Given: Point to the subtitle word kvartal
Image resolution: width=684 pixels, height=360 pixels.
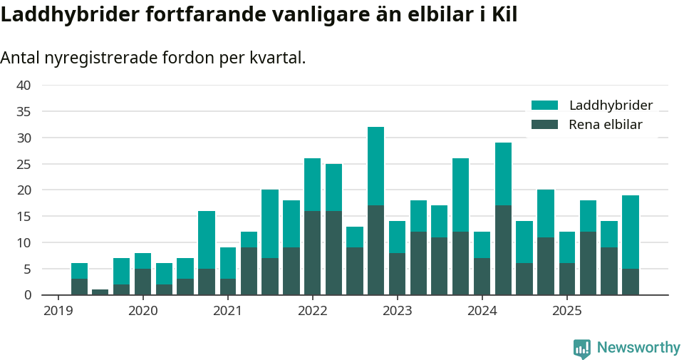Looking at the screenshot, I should tap(277, 58).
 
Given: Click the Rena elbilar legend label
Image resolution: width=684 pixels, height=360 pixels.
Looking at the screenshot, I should tap(605, 125).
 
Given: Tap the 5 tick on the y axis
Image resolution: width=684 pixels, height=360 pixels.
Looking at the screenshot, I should tap(27, 269).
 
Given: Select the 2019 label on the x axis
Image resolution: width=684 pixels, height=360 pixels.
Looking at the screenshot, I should tap(58, 311).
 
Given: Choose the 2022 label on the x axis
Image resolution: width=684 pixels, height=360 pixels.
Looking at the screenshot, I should tap(312, 311).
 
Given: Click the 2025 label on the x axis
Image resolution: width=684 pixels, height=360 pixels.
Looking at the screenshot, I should tap(566, 311).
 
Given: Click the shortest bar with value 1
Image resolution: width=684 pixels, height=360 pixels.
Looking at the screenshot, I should tap(100, 292).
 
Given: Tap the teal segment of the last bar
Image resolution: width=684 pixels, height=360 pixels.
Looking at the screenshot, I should tap(630, 232).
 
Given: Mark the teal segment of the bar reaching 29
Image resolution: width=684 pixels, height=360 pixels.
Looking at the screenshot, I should tap(503, 174).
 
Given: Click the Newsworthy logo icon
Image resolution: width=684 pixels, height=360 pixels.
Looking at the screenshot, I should tap(581, 348).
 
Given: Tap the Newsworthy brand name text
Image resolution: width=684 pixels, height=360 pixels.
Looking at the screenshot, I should tap(638, 348).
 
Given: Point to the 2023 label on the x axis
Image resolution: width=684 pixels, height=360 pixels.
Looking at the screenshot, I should tap(397, 311).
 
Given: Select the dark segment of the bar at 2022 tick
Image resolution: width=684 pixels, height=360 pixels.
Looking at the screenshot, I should tap(312, 252).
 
